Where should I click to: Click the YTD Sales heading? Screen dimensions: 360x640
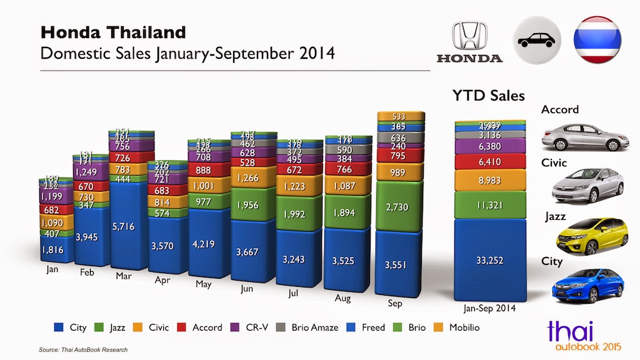pos(488,96)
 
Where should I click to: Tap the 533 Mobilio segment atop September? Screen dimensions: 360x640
pos(399,117)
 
